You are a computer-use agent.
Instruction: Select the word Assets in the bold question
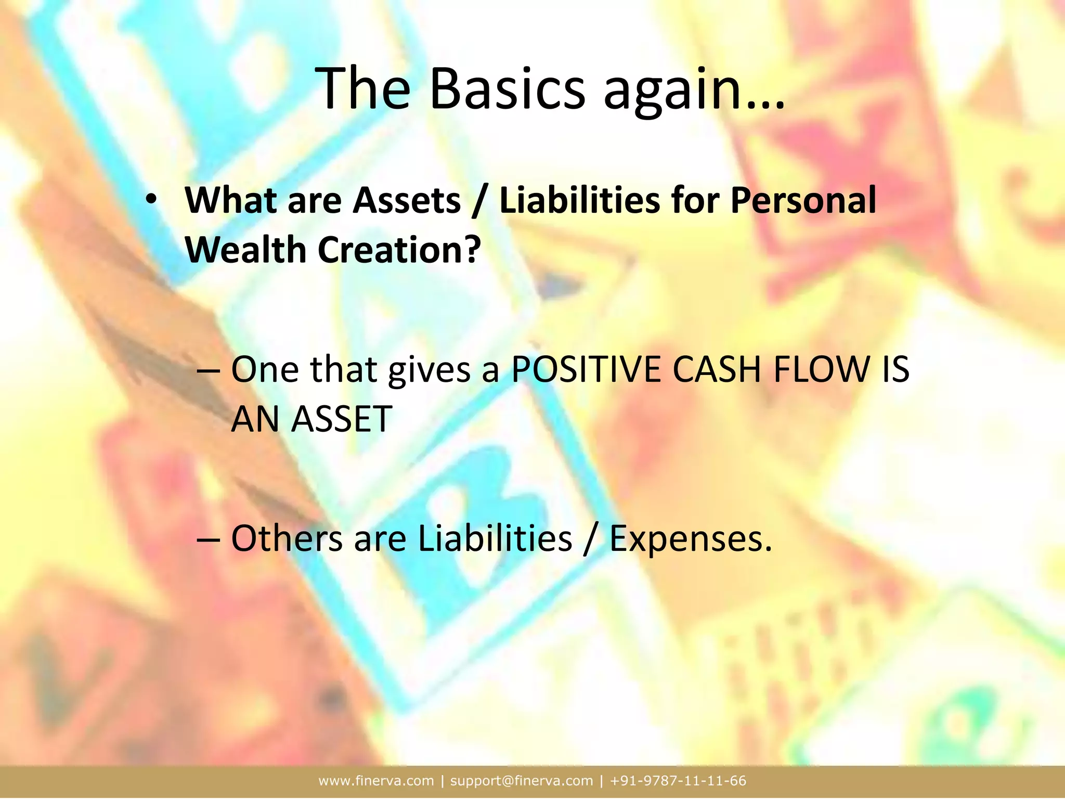(407, 201)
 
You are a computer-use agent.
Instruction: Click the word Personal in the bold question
(803, 201)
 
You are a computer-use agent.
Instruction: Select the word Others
(287, 538)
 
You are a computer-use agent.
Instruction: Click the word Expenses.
(690, 539)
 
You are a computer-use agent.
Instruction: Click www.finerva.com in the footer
(376, 781)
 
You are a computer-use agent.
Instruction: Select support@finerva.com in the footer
(521, 781)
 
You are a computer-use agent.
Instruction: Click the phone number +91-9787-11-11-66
(678, 781)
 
